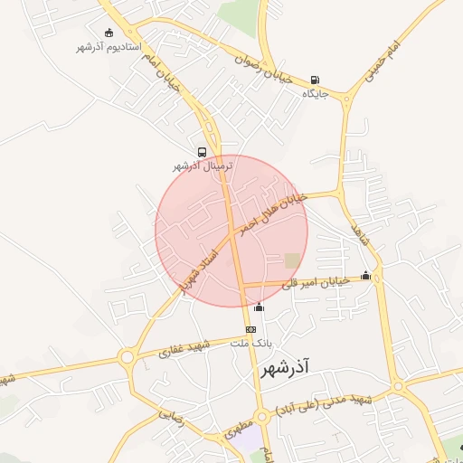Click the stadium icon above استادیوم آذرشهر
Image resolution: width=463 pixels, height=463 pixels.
tap(109, 33)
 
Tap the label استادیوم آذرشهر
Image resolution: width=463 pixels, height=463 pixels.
tap(109, 46)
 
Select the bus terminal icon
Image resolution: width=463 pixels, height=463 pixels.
tap(202, 153)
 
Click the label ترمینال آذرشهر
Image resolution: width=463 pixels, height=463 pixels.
tap(203, 166)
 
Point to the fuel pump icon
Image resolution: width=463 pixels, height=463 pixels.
tap(314, 80)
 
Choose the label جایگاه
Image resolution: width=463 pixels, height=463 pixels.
tap(313, 93)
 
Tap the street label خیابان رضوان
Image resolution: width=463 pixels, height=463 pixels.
tap(263, 71)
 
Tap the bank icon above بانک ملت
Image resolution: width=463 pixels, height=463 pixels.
tap(250, 329)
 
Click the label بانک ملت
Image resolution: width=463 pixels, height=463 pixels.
tap(251, 344)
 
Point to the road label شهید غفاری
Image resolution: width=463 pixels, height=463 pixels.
tap(184, 348)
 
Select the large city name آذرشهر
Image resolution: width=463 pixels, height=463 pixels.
tap(285, 368)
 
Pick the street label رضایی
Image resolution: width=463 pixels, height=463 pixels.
tap(171, 416)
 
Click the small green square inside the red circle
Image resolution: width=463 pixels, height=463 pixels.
tap(292, 260)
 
